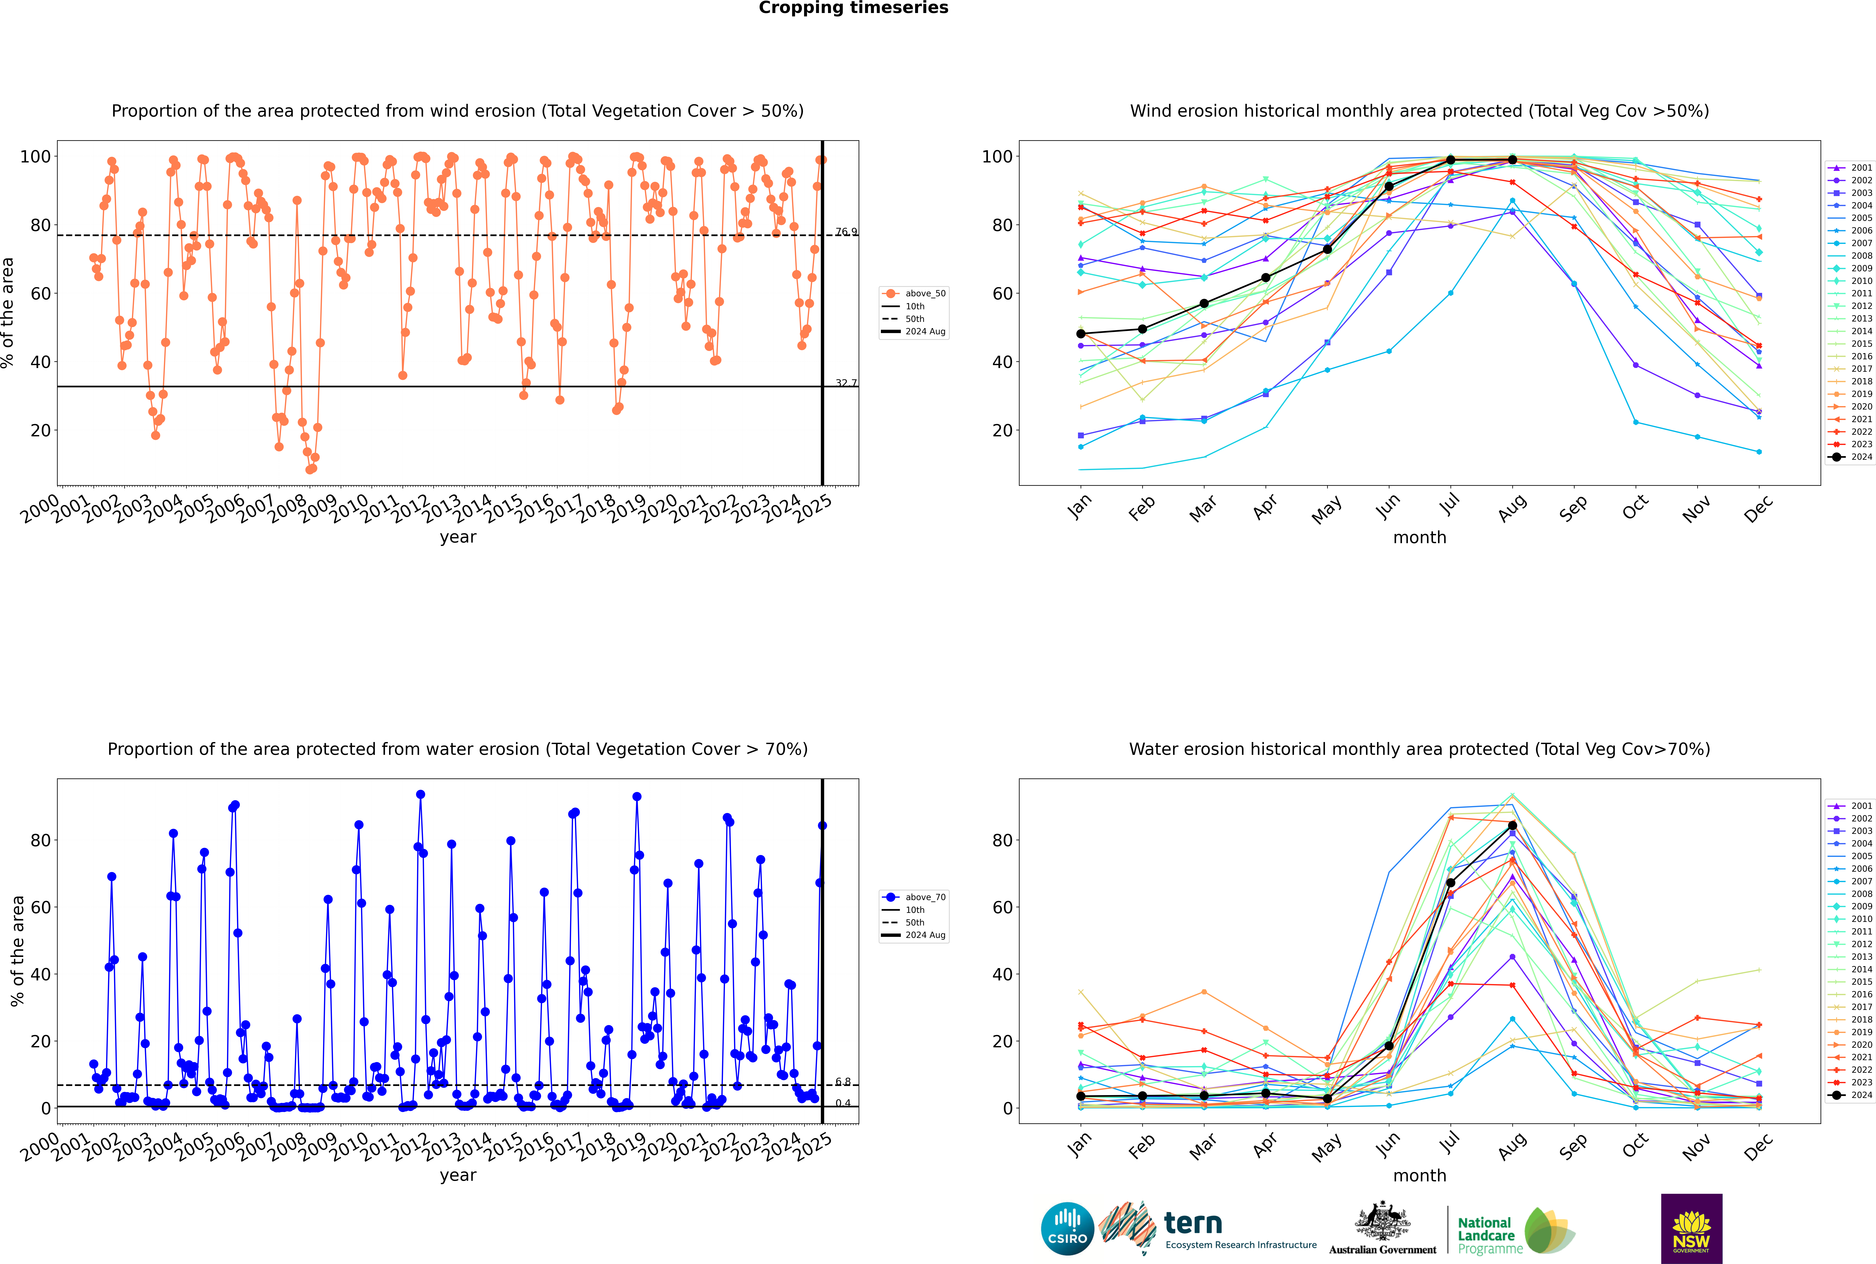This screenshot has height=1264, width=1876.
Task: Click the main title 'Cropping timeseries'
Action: coord(853,8)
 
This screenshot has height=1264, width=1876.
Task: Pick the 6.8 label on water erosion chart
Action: coord(843,1082)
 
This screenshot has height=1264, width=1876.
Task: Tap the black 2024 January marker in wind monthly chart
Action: coord(1081,334)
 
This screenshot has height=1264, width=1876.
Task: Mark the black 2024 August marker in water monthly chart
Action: coord(1512,825)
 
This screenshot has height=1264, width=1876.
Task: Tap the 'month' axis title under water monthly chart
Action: coord(1419,1175)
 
